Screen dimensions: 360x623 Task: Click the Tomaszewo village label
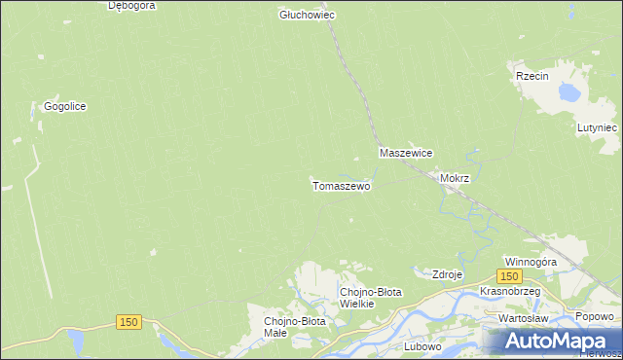point(341,185)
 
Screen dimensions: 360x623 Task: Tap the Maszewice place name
point(406,154)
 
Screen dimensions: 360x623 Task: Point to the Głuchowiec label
point(308,16)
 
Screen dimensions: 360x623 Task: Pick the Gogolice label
point(65,107)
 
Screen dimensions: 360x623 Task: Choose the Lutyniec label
point(597,127)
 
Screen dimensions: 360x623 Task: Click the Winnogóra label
point(530,263)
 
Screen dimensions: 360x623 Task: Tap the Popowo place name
point(594,317)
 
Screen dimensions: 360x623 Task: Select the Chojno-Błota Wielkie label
point(370,298)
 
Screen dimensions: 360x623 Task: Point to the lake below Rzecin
point(566,93)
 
